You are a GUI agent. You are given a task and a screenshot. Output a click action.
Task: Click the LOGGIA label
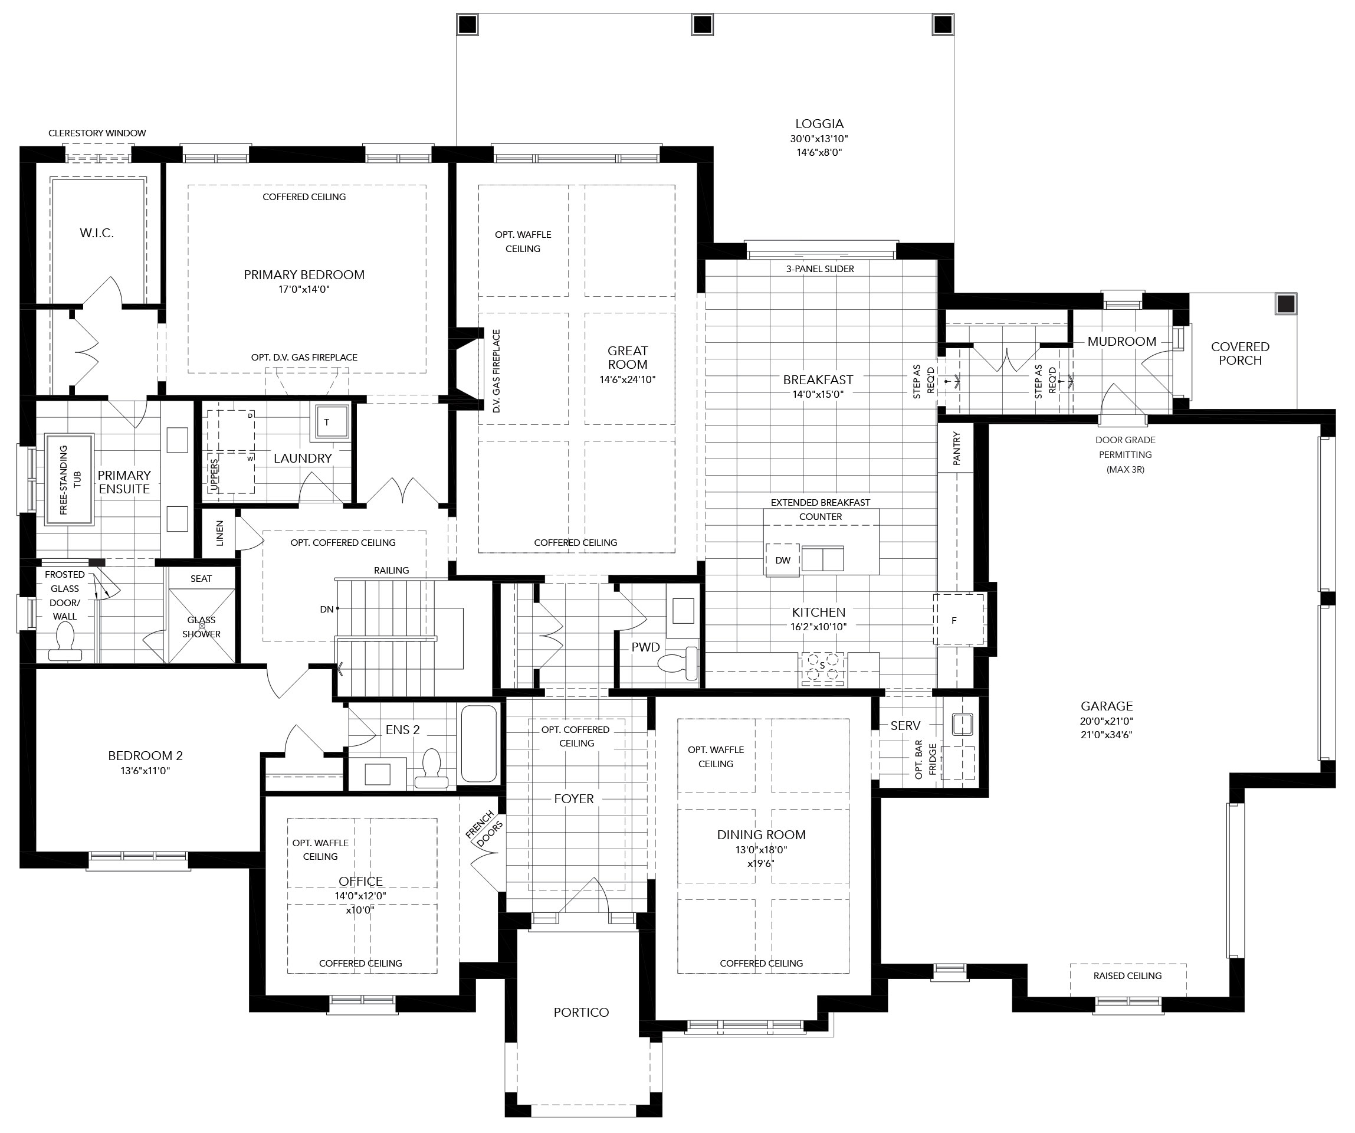pos(819,123)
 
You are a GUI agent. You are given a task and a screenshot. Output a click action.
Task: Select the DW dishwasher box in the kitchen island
pos(783,560)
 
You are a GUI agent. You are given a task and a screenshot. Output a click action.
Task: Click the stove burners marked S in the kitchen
pos(822,668)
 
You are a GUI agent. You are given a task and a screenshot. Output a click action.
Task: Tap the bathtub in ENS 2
pos(479,743)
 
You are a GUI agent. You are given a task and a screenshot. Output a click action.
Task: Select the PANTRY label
pos(956,448)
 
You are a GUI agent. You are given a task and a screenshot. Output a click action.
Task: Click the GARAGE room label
pos(1107,706)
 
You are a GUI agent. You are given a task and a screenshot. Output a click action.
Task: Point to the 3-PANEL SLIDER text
pos(819,268)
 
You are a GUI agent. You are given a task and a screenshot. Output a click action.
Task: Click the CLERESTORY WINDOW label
pos(97,133)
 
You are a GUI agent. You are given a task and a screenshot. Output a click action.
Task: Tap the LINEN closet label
pos(219,533)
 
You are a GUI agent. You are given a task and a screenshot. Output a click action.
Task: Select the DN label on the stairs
pos(326,609)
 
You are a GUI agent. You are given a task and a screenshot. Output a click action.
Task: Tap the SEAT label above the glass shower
pos(201,578)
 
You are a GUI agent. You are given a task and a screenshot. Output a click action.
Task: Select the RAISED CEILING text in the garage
pos(1127,975)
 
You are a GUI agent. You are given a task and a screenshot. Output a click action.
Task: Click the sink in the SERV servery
pos(962,723)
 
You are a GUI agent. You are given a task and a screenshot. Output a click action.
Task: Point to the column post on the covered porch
pos(1286,303)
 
